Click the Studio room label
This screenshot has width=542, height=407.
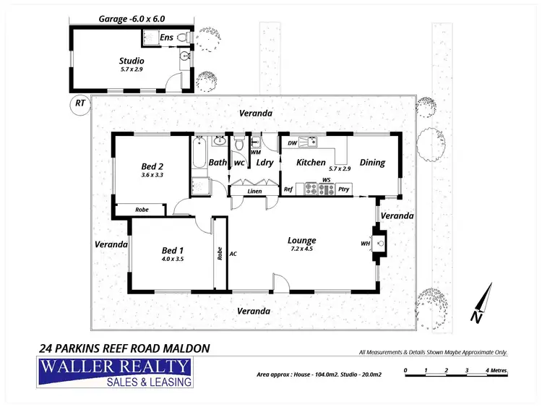pos(131,61)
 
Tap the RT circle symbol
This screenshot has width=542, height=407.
pos(79,104)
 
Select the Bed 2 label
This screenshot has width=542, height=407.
pos(152,165)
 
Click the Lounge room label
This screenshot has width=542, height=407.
pos(302,241)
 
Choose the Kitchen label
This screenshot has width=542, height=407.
pos(311,163)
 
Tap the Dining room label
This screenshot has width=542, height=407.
pos(372,163)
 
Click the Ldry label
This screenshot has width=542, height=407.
pos(264,163)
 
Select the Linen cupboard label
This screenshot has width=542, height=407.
pos(254,192)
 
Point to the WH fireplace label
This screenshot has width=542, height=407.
pos(366,244)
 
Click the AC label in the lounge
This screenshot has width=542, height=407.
pos(233,254)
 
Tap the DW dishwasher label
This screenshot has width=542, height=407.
pos(292,143)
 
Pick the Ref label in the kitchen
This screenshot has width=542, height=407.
pos(288,189)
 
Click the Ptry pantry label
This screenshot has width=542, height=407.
pos(344,189)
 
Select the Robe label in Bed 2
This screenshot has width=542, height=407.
pos(142,210)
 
